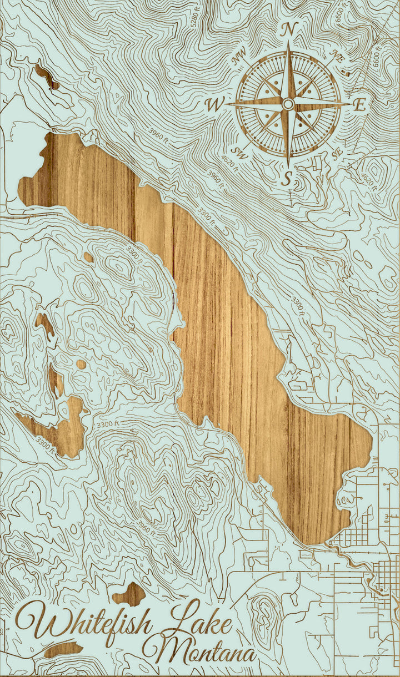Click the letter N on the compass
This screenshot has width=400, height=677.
tap(288, 31)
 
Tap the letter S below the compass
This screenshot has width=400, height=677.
tap(287, 178)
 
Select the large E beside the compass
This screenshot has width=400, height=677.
tap(360, 104)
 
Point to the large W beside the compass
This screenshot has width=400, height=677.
tap(214, 104)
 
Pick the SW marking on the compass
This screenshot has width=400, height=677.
tap(239, 151)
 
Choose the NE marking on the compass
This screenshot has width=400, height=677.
tap(337, 54)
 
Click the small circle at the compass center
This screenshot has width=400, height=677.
tap(288, 104)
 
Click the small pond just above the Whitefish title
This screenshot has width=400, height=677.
tap(129, 594)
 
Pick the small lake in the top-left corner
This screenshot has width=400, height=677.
tap(47, 77)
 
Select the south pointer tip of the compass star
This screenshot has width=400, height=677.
tap(288, 164)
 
